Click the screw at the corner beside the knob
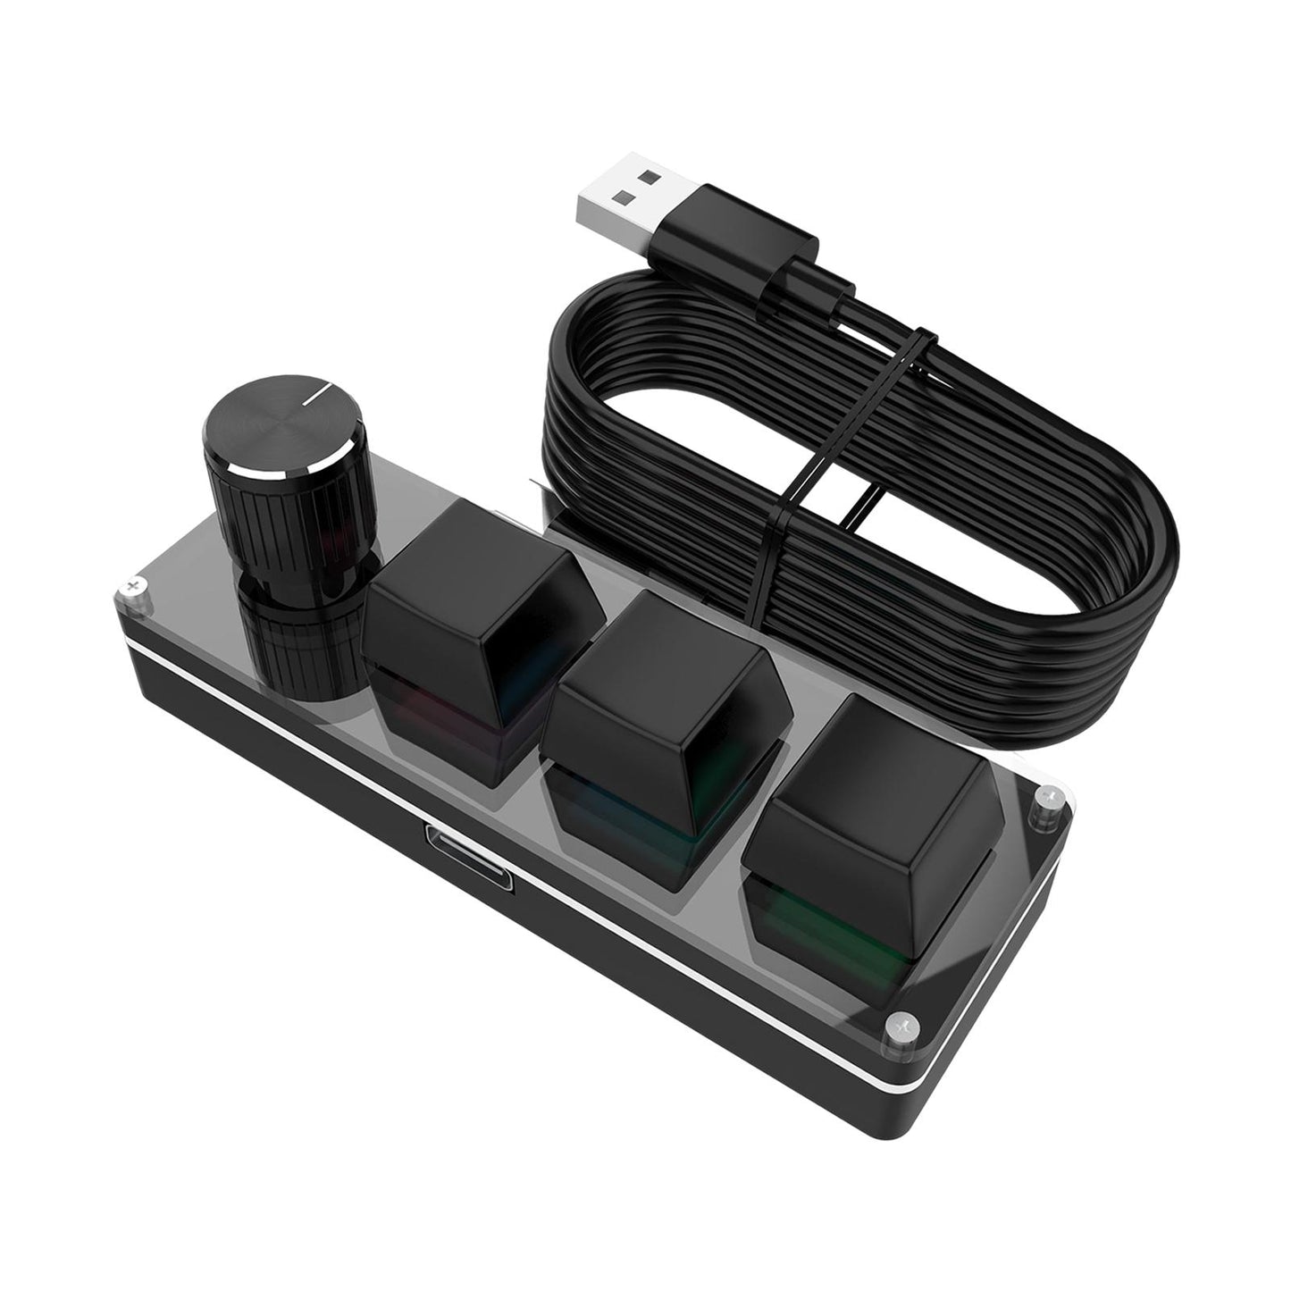point(133,585)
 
